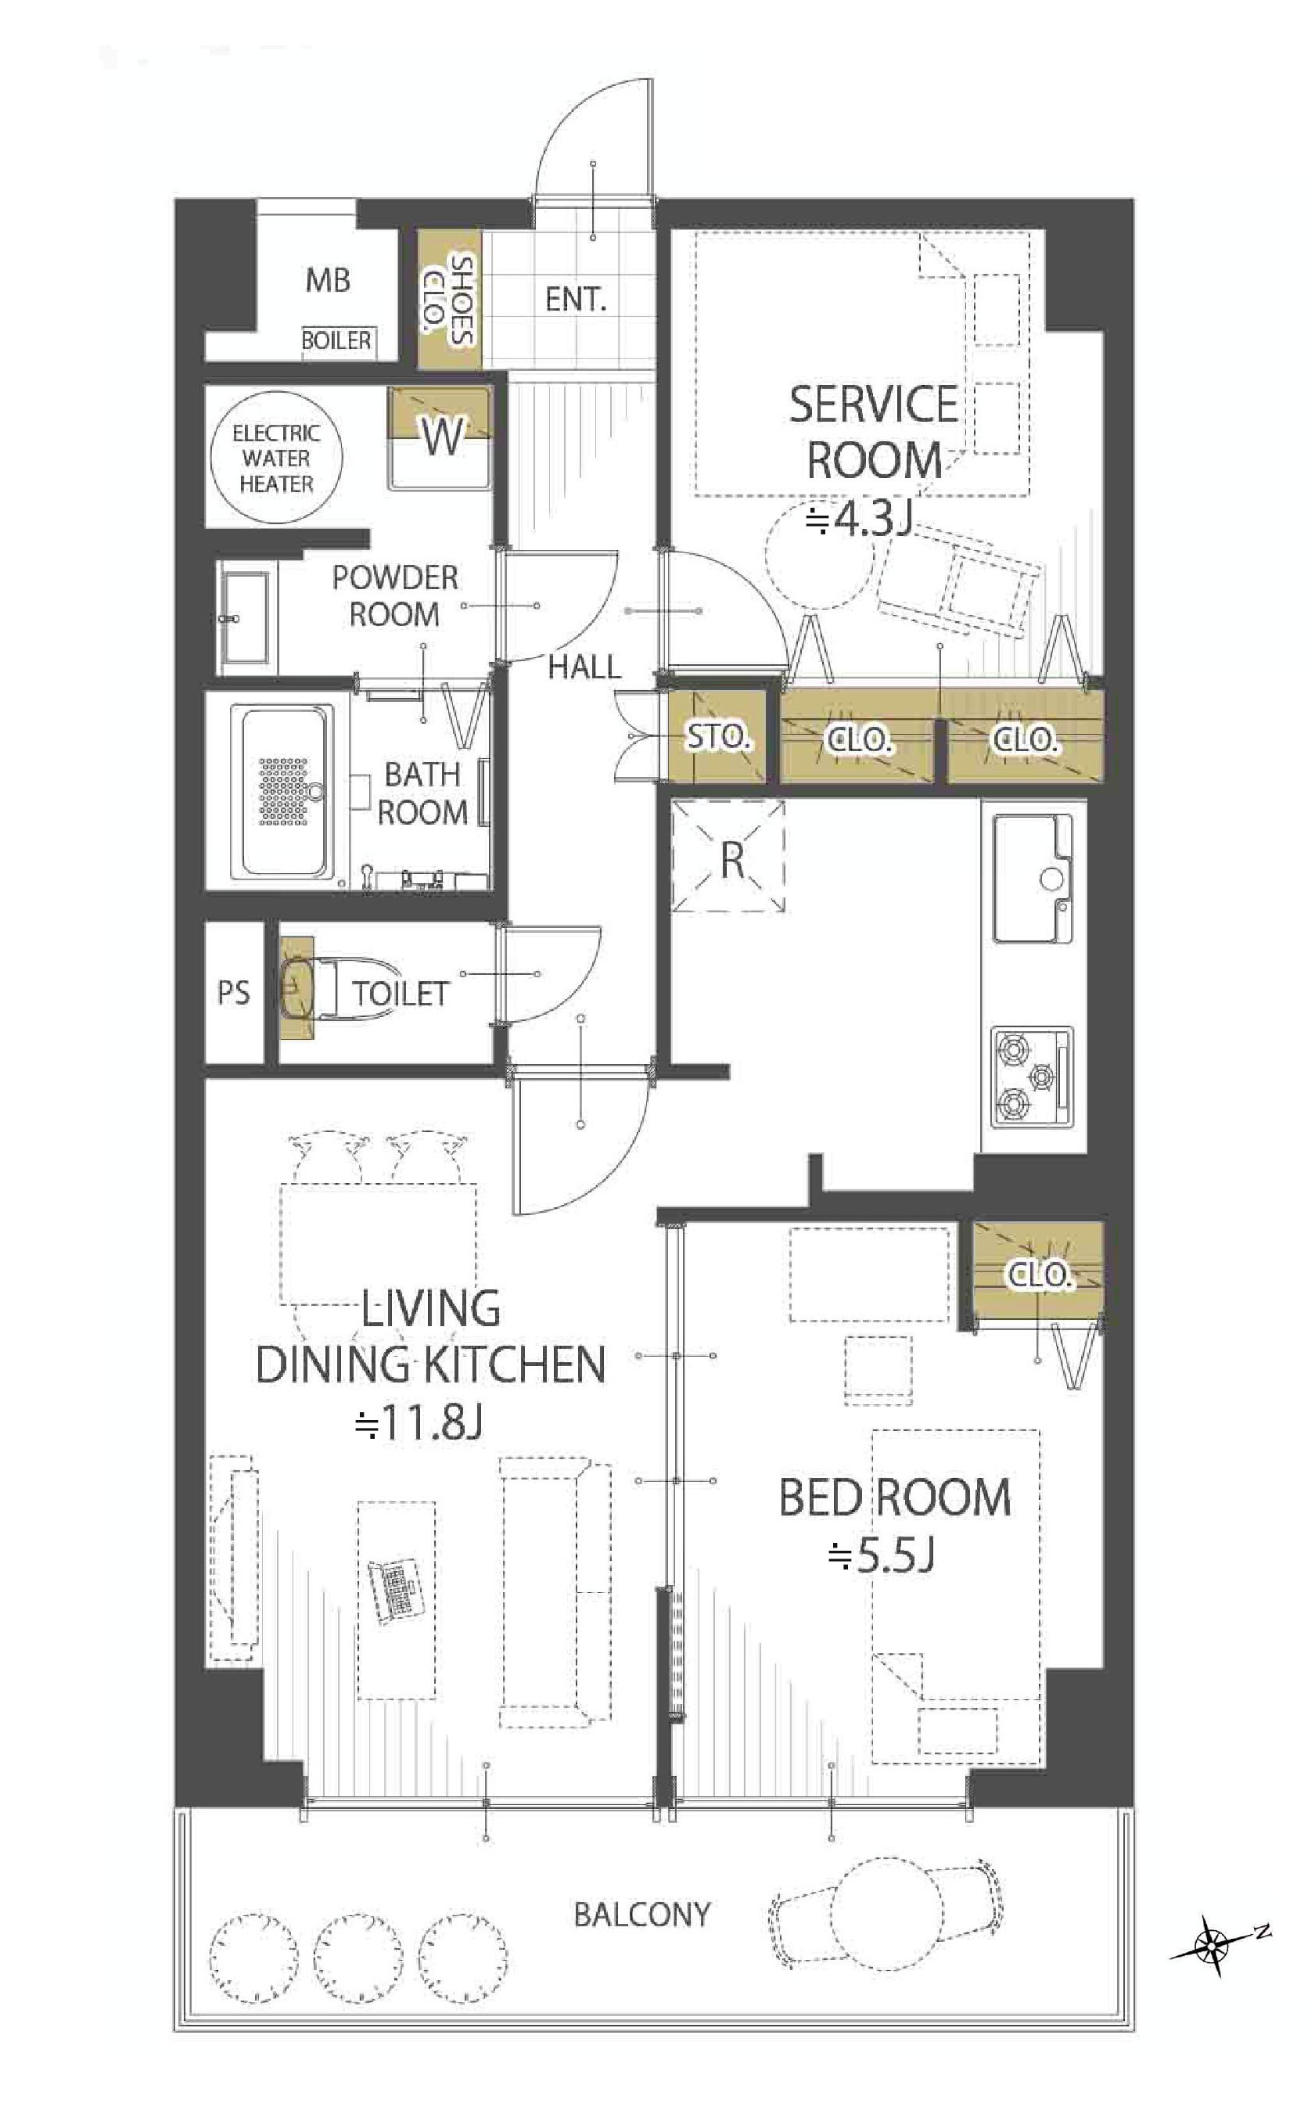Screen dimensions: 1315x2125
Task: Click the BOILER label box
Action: [336, 340]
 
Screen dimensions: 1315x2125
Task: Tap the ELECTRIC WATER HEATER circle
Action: [277, 458]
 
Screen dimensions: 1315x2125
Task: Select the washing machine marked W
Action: [440, 437]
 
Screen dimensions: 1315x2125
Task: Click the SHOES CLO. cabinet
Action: [449, 298]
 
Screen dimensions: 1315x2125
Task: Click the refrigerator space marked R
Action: [729, 856]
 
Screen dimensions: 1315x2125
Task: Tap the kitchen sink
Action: [1033, 879]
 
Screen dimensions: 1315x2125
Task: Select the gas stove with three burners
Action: [1033, 1077]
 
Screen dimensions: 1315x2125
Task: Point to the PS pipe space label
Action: [233, 993]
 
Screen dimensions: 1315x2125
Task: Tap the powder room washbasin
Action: [246, 620]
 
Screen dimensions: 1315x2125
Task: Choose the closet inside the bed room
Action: [1037, 1277]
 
